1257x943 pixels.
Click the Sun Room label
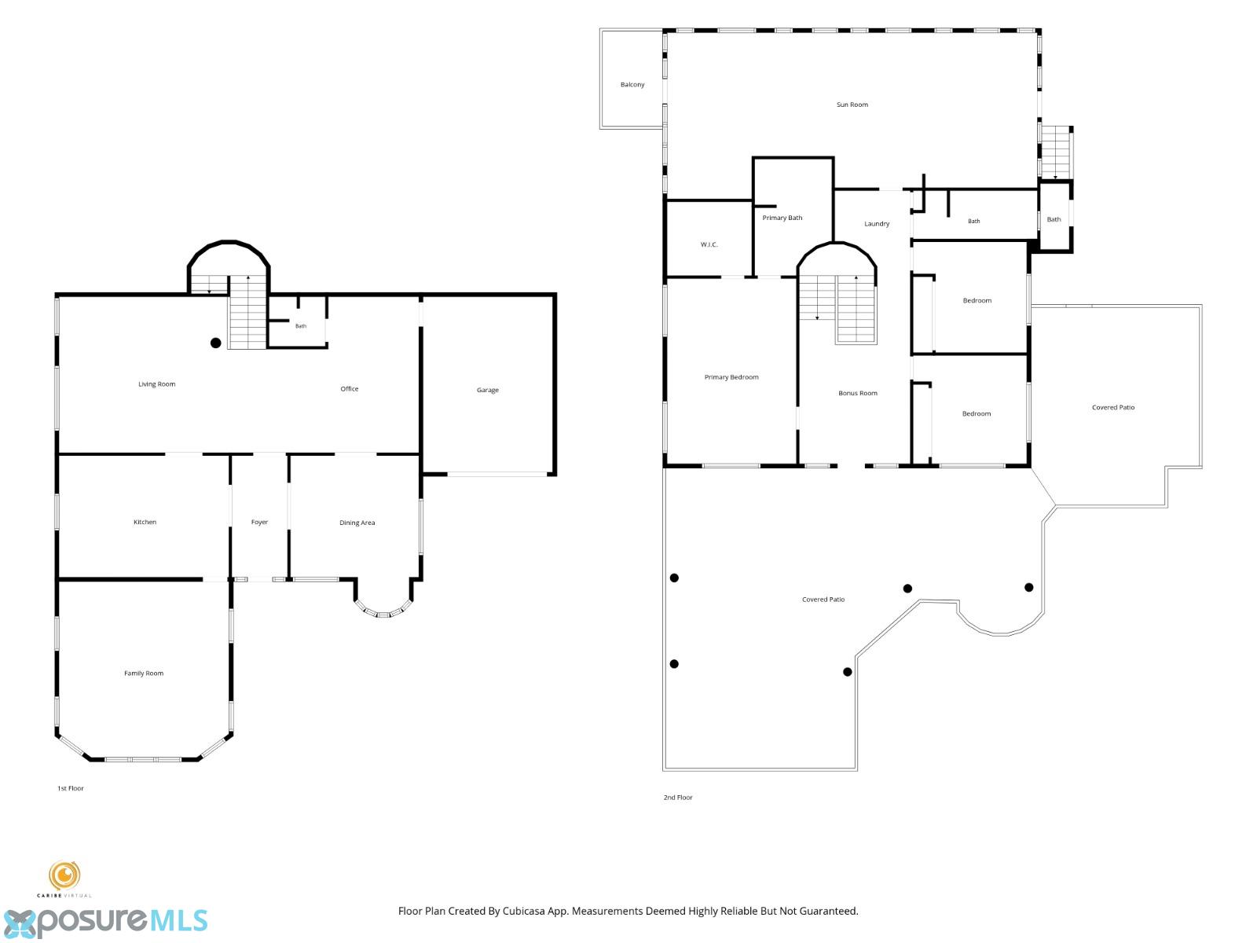tap(852, 105)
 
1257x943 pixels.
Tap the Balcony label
tap(632, 85)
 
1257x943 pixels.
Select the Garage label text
tap(487, 390)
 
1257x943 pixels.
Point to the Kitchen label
tap(145, 522)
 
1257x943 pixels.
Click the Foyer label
tap(259, 522)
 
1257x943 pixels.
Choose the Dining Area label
tap(357, 523)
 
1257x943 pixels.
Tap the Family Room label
tap(144, 673)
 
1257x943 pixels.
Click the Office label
tap(350, 389)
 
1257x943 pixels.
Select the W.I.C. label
tap(709, 244)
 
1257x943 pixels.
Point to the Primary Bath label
tap(782, 218)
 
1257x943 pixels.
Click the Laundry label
tap(877, 224)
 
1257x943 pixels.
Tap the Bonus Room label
tap(858, 394)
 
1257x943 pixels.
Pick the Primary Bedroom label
tap(731, 377)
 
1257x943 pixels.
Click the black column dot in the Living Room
tap(216, 343)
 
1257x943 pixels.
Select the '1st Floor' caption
tap(71, 788)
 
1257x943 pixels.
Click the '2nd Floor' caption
tap(678, 798)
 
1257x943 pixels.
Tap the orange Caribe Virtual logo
tap(64, 876)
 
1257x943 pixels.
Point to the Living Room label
tap(157, 384)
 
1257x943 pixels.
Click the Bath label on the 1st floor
tap(301, 326)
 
